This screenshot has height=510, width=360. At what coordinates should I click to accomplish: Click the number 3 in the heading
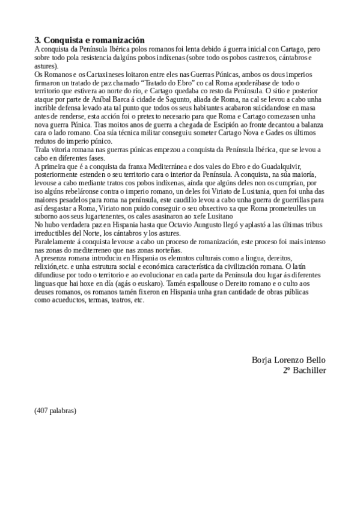click(x=37, y=39)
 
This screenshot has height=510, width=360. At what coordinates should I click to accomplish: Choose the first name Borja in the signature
click(x=262, y=360)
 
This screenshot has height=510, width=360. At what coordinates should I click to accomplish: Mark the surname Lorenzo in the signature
click(x=290, y=360)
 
